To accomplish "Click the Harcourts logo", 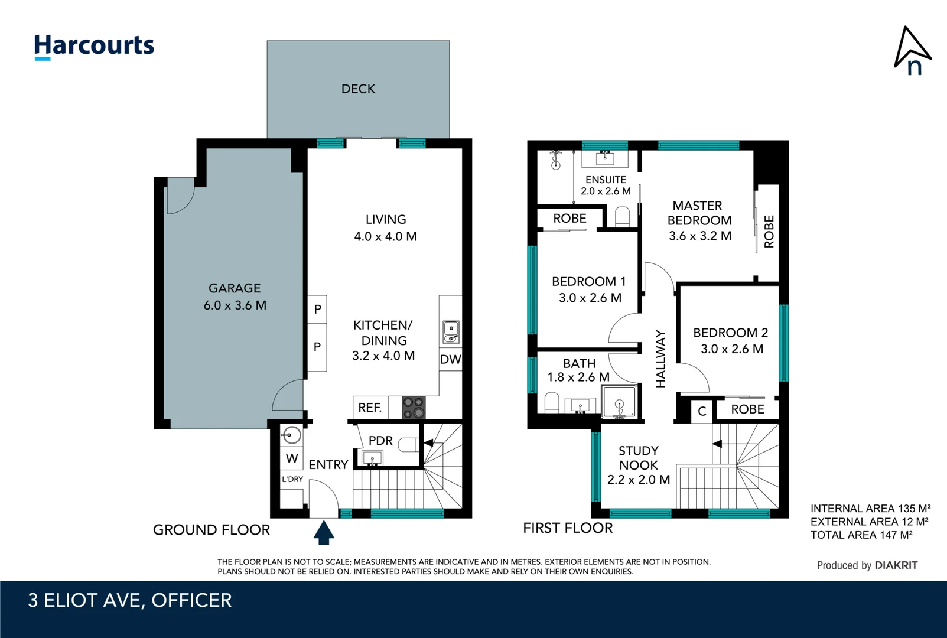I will [94, 46].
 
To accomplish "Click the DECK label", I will [358, 89].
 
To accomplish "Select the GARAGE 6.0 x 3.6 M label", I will [235, 297].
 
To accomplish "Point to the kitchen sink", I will [451, 332].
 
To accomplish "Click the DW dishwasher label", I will [450, 359].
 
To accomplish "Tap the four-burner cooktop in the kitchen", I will [414, 408].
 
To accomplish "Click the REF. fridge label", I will [370, 408].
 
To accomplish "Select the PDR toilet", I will [408, 444].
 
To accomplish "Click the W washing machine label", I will [292, 458].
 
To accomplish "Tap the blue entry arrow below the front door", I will [324, 532].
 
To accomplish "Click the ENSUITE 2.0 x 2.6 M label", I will [606, 185].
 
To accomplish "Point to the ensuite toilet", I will [622, 216].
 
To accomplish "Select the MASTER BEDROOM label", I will [699, 220].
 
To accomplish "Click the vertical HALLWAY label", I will [660, 359].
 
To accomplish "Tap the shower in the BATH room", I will [619, 402].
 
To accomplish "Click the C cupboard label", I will [702, 411].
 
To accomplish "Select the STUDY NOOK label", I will [638, 465].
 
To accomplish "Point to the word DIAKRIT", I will [896, 565].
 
